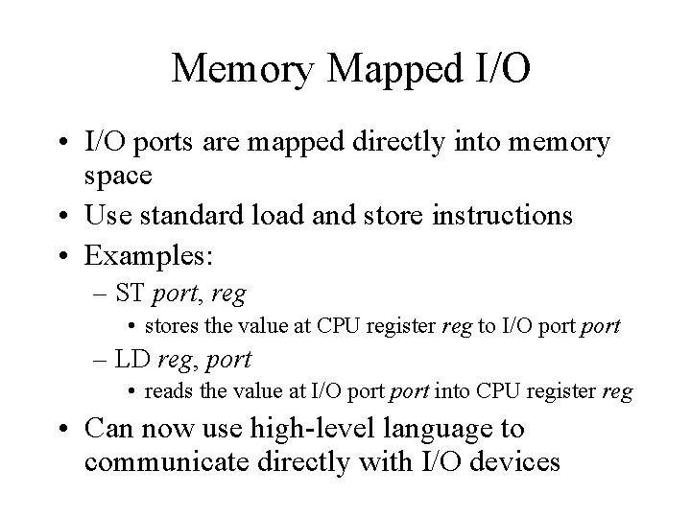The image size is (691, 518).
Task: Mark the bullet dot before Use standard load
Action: (62, 217)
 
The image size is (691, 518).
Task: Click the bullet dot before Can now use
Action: (62, 429)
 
